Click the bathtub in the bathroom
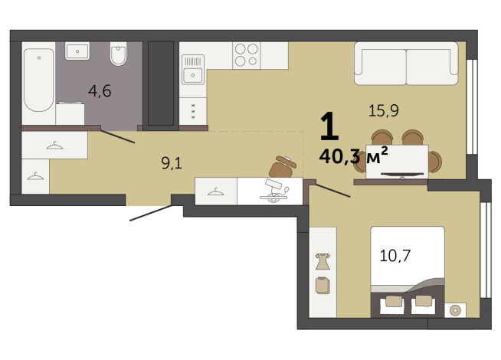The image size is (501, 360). [x=39, y=80]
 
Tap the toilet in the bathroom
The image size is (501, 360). [x=118, y=54]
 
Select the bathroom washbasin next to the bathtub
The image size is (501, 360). [x=77, y=51]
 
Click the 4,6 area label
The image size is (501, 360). [x=100, y=91]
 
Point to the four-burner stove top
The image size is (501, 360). [x=247, y=55]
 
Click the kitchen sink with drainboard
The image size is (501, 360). [x=193, y=69]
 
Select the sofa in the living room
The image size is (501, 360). [x=406, y=64]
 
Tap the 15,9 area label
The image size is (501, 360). [x=384, y=111]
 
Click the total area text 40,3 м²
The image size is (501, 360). [x=354, y=155]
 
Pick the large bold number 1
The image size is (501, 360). [x=329, y=126]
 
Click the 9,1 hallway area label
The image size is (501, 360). [x=172, y=163]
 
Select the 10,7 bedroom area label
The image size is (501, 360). [x=395, y=256]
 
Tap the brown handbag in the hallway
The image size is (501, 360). [x=283, y=166]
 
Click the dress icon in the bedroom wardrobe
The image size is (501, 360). [x=323, y=261]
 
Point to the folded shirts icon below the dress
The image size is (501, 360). [x=323, y=285]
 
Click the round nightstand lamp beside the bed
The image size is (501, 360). [x=455, y=310]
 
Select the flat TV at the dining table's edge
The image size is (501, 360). [x=402, y=175]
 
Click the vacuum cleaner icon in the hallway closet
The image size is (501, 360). [x=274, y=191]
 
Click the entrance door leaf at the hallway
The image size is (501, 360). [x=151, y=213]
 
